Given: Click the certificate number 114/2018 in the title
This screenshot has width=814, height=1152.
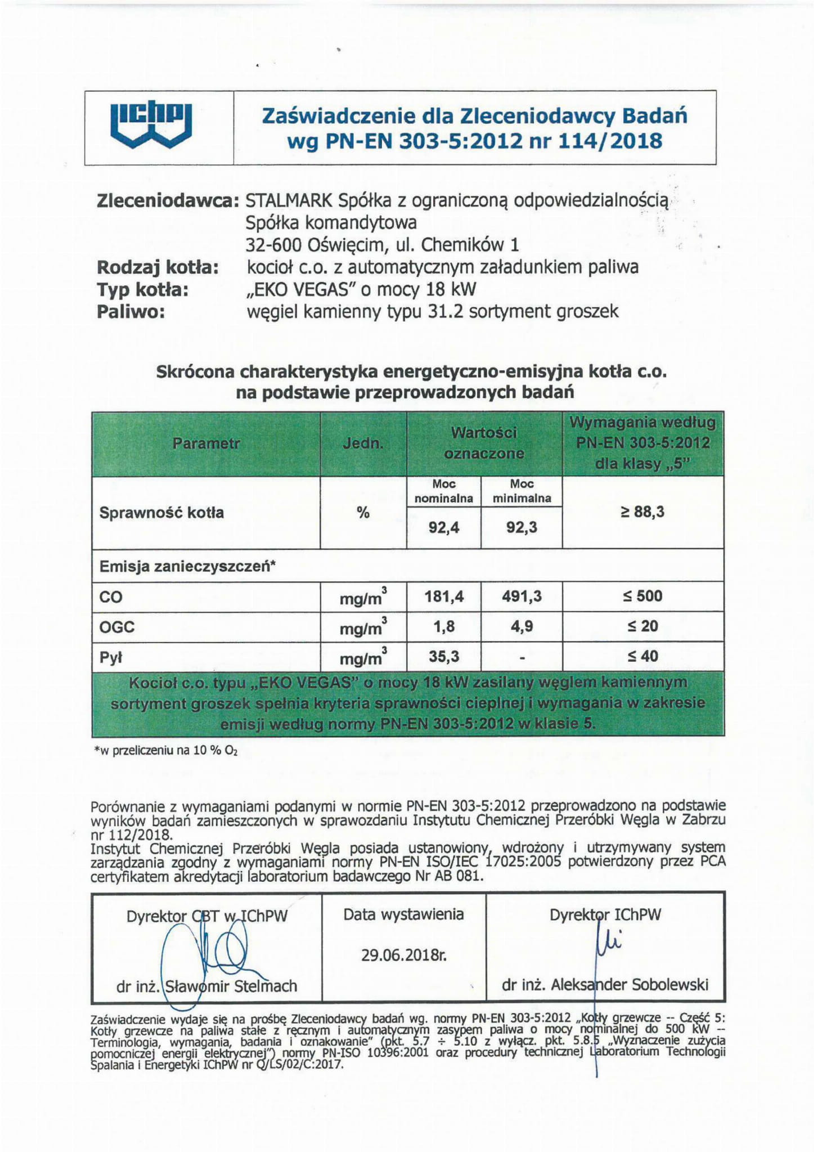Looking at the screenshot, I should (610, 140).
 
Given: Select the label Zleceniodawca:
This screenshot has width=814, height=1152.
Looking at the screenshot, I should (168, 201).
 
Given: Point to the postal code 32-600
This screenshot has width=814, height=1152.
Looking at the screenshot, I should (274, 245).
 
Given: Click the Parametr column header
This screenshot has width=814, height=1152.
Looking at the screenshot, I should (206, 443).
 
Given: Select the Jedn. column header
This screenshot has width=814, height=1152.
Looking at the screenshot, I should (363, 443).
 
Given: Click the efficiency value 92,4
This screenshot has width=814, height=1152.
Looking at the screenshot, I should (444, 527).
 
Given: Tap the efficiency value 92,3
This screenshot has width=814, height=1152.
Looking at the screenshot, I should (521, 527).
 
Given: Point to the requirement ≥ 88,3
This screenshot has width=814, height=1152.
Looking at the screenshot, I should (642, 512).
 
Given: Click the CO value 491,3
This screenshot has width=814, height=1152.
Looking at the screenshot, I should (521, 596).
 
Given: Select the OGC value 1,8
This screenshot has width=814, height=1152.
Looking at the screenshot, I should (444, 626).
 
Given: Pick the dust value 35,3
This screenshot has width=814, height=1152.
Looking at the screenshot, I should (444, 656).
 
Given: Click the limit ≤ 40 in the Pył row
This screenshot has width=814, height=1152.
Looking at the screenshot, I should (642, 656).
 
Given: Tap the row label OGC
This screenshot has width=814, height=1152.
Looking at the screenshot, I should (117, 626).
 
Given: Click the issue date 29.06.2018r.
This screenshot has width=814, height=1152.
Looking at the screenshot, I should (403, 955).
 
